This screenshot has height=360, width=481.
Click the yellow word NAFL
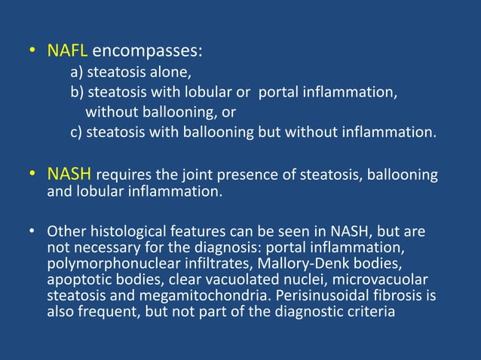pos(68,51)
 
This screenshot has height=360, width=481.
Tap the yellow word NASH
pos(69,175)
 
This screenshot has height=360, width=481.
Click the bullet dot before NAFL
pos(32,52)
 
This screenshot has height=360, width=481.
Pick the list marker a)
pos(77,73)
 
